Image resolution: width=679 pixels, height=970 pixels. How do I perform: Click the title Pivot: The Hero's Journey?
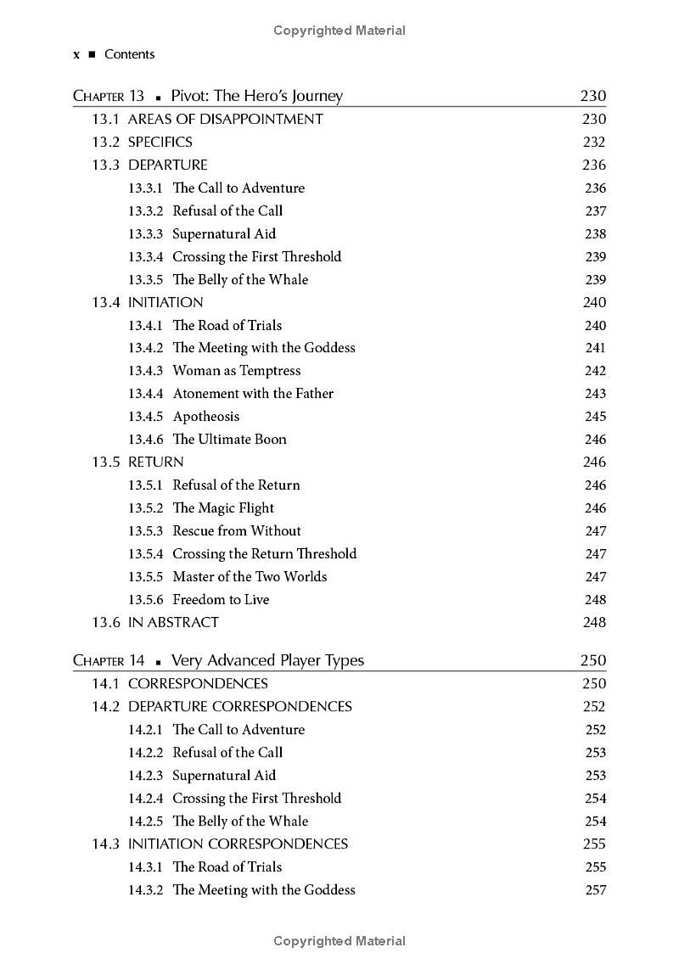tap(256, 96)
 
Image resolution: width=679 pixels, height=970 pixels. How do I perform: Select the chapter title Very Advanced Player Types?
tap(267, 660)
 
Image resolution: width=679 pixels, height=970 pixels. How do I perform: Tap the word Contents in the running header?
tap(129, 54)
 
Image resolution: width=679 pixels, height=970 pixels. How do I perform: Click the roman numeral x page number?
tap(76, 54)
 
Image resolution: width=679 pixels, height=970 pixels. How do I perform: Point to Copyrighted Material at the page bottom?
tap(339, 940)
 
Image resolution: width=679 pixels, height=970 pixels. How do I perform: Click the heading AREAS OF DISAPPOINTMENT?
tap(225, 119)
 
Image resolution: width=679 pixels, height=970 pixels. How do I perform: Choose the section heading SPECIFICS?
tap(160, 142)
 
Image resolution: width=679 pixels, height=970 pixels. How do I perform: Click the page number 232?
tap(594, 142)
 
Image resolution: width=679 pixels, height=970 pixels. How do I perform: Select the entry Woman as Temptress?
tap(236, 371)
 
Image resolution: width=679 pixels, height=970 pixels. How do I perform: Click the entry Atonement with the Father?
tap(253, 394)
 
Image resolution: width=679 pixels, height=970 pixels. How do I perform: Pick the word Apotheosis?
tap(206, 417)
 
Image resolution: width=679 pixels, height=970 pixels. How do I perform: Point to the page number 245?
tap(595, 417)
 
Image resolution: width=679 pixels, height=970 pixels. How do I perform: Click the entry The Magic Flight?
tap(223, 508)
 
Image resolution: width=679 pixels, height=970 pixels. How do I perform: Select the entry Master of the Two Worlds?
tap(250, 577)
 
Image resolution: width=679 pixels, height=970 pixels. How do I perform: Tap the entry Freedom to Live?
tap(221, 600)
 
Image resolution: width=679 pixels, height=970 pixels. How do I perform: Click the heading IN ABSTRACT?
tap(173, 622)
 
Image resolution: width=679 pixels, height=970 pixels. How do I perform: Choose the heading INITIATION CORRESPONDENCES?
tap(238, 844)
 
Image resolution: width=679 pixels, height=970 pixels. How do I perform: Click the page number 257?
tap(595, 890)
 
